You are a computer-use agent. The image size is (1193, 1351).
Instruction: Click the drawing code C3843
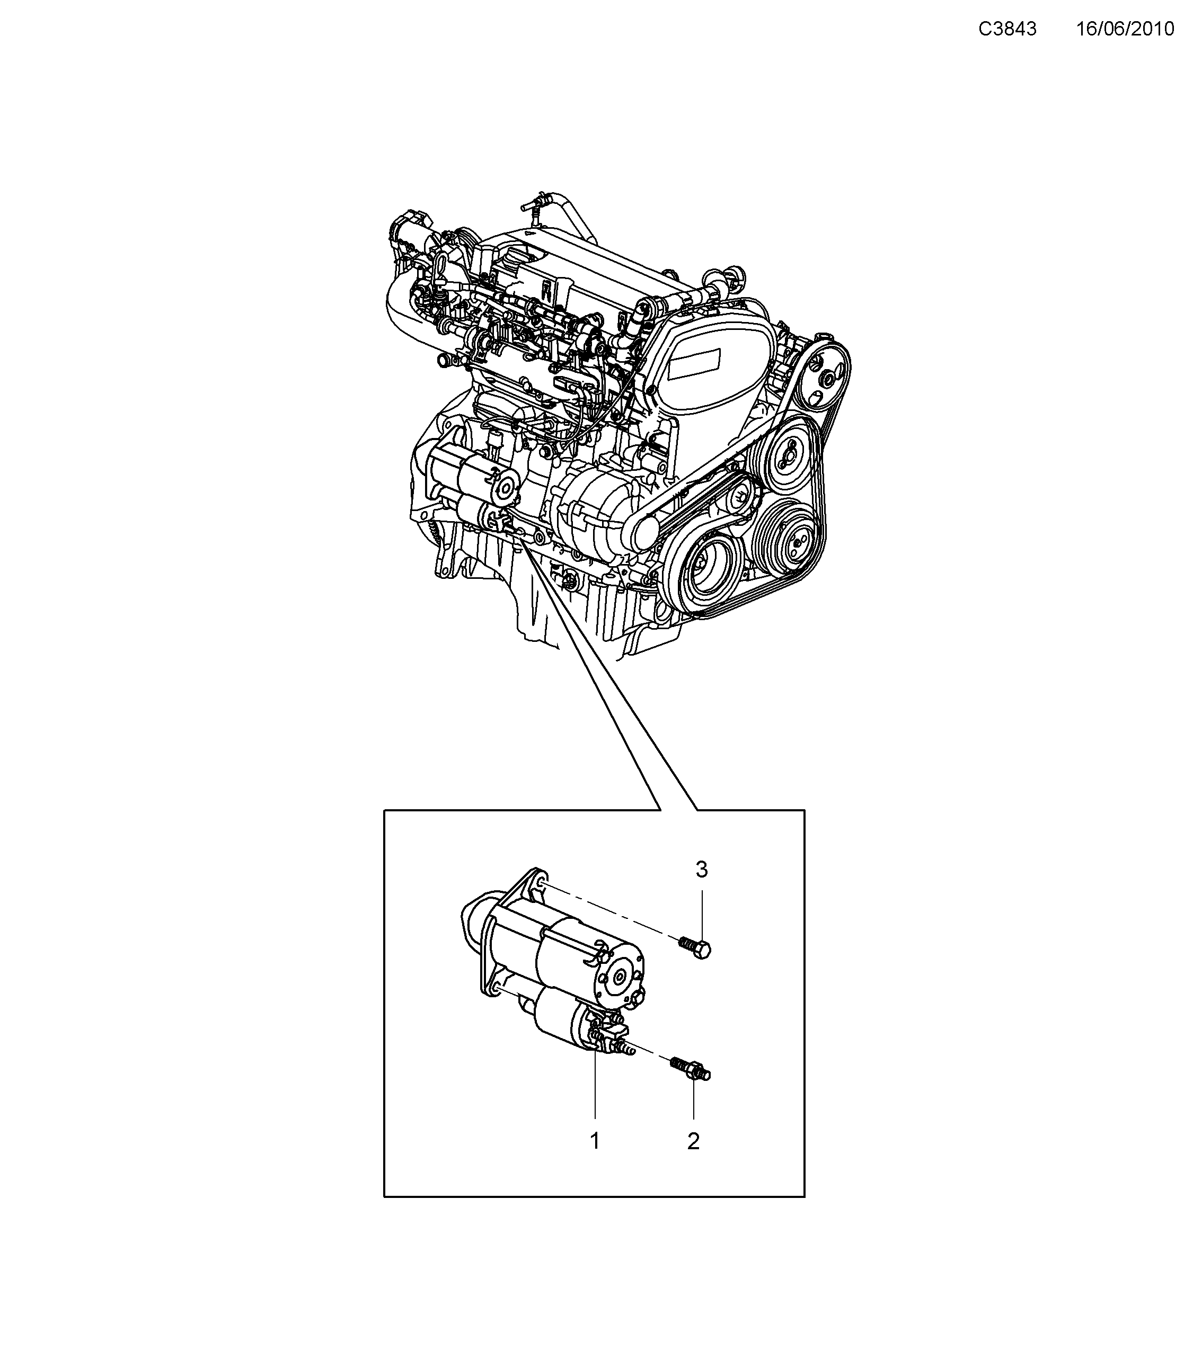coord(1007,29)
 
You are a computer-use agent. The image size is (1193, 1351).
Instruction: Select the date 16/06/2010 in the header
coord(1125,29)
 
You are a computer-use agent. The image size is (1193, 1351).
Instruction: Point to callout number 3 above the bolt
coord(702,870)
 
